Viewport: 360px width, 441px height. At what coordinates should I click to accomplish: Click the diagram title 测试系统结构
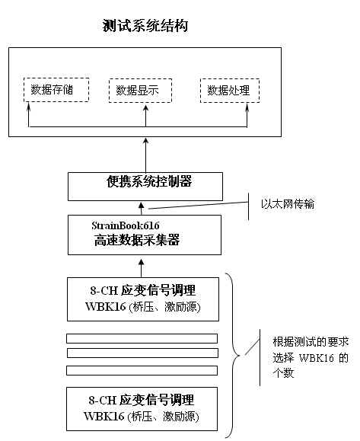pyautogui.click(x=145, y=26)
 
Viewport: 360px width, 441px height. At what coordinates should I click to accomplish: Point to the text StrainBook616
pyautogui.click(x=126, y=225)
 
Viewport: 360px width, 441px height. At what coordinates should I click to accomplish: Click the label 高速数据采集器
pyautogui.click(x=137, y=240)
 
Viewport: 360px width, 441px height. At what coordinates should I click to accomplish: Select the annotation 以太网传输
pyautogui.click(x=288, y=203)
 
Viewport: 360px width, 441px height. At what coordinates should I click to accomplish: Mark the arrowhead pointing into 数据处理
pyautogui.click(x=247, y=107)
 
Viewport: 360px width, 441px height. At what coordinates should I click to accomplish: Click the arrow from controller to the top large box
pyautogui.click(x=145, y=155)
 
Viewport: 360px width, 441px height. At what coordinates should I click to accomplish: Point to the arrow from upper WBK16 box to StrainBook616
pyautogui.click(x=142, y=268)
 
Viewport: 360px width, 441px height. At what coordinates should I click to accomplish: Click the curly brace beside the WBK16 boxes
pyautogui.click(x=234, y=355)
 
